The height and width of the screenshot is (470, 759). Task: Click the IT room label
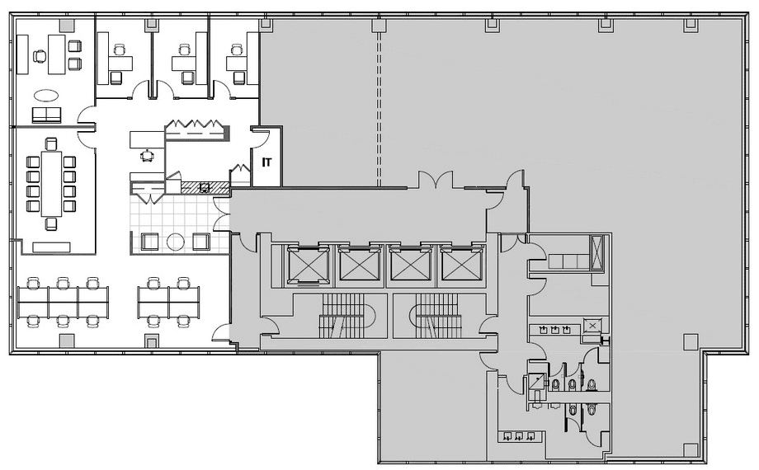point(266,162)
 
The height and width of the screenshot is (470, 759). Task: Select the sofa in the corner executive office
point(46,115)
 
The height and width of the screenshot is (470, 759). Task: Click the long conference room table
point(52,184)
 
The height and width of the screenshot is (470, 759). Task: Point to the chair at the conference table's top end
point(52,144)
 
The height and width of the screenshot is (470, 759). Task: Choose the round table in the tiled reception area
point(176,242)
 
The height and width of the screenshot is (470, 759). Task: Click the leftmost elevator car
point(308,266)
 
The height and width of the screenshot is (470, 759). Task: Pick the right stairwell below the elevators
point(435,317)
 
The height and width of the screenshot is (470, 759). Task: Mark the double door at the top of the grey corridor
point(436,180)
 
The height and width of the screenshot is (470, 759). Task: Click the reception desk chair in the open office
point(147,155)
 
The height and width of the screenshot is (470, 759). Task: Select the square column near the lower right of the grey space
point(690,341)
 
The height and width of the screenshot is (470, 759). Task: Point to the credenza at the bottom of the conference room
point(52,247)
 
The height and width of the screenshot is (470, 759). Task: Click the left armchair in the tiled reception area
point(150,242)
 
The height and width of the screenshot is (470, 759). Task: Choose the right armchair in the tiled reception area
point(201,242)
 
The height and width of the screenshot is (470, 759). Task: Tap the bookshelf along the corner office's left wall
point(22,54)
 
